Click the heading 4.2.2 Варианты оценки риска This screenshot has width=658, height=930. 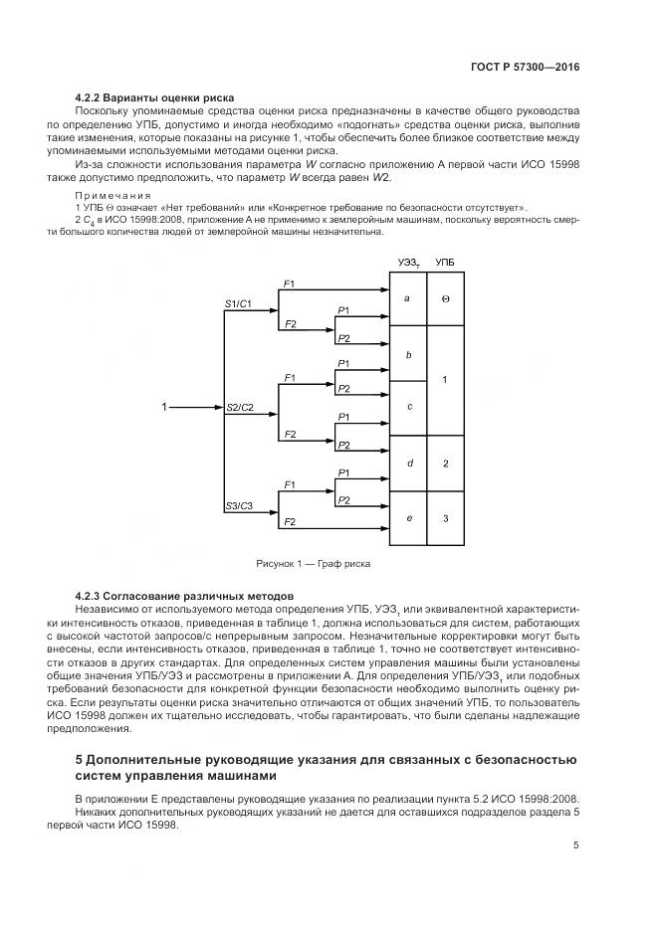point(154,97)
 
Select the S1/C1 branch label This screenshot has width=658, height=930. point(238,302)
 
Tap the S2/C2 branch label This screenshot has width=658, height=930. point(240,408)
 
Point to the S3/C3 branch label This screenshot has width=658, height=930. point(239,506)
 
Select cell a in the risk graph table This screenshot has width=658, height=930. point(407,298)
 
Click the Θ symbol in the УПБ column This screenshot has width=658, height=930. point(445,298)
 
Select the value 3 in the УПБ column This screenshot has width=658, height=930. point(445,518)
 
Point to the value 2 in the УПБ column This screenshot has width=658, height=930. point(445,464)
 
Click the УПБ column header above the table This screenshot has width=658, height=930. point(445,262)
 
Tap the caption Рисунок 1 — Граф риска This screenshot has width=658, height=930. point(312,564)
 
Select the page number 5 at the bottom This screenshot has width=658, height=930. point(576,845)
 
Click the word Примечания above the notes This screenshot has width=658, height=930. point(112,196)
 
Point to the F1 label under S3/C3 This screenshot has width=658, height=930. point(289,484)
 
